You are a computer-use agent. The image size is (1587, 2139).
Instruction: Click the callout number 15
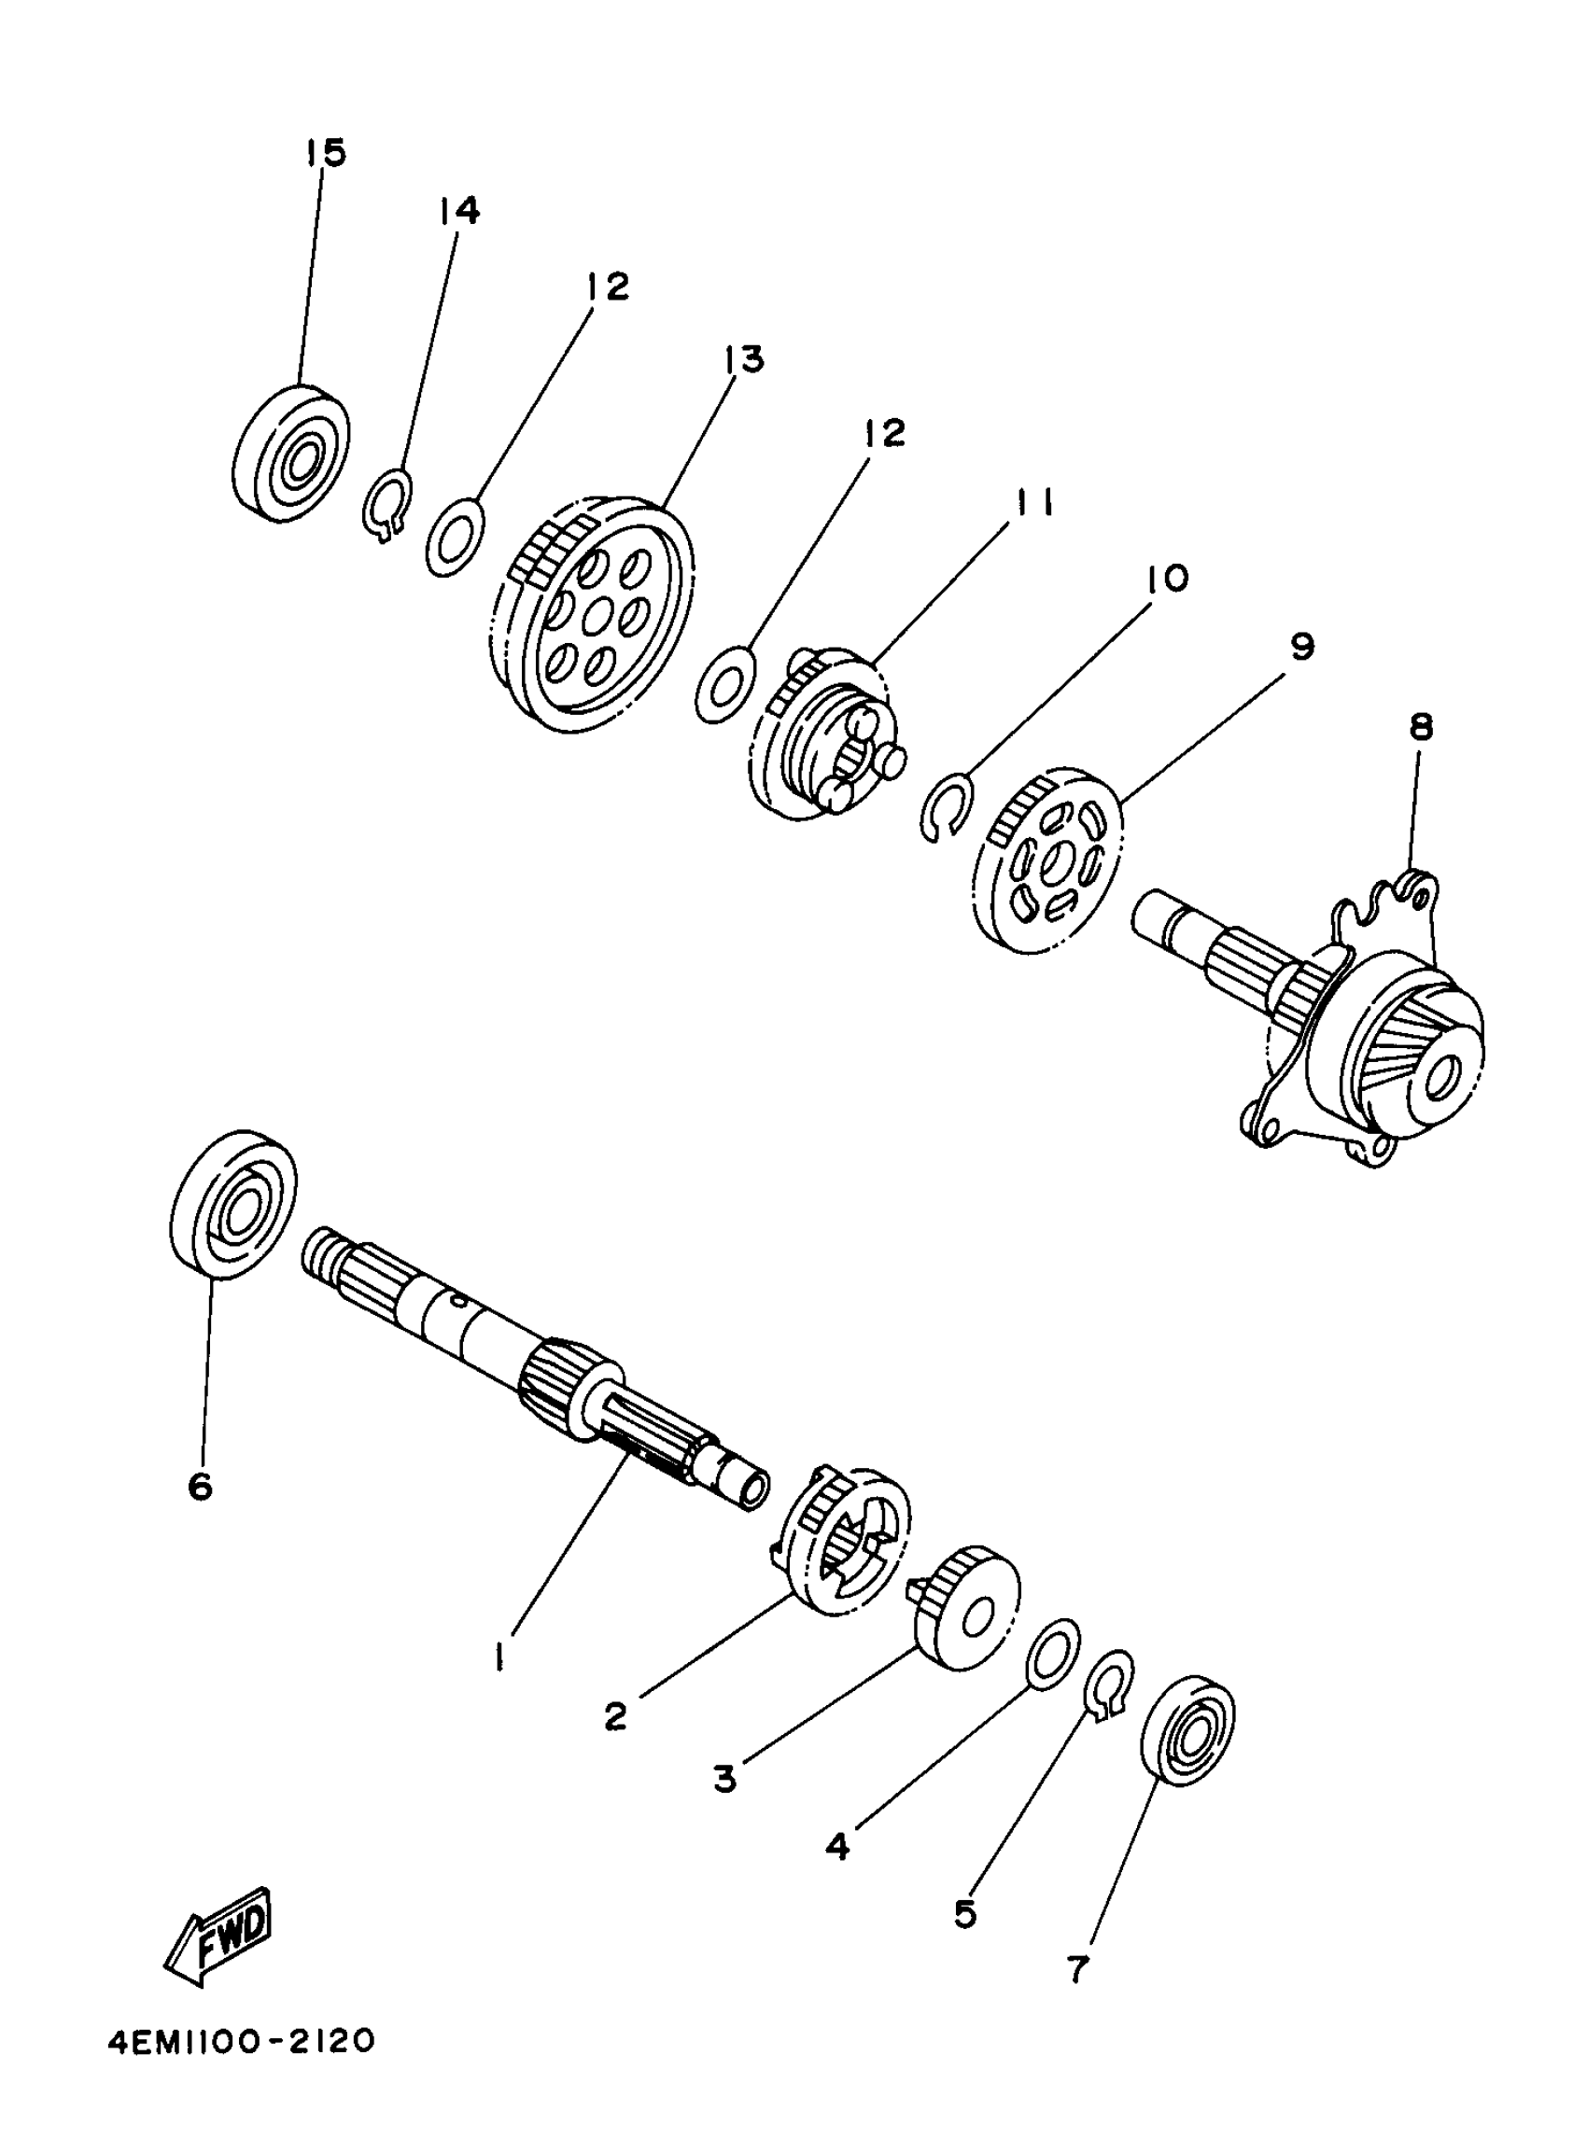point(326,152)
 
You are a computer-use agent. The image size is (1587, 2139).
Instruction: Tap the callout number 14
point(459,210)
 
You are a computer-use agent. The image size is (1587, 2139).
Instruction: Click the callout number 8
point(1421,727)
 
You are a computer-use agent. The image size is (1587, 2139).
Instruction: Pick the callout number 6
point(200,1486)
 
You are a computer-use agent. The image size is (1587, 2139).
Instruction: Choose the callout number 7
point(1078,1970)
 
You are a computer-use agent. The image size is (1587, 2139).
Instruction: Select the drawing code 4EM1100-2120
point(240,2070)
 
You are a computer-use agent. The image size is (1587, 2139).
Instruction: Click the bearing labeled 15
point(291,454)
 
